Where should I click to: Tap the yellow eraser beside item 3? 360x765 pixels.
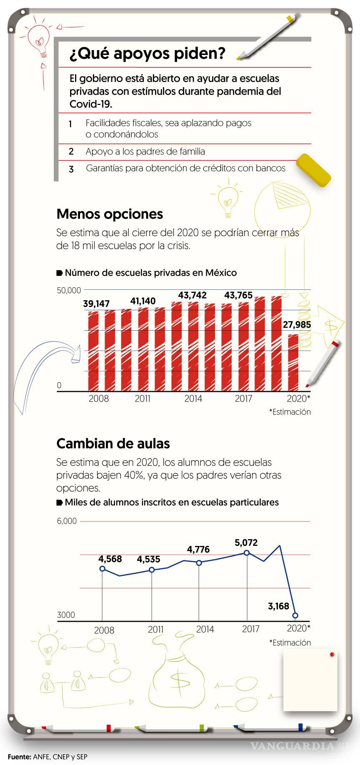point(313,170)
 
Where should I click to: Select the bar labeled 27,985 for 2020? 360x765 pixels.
point(293,360)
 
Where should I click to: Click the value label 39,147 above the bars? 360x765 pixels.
point(96,304)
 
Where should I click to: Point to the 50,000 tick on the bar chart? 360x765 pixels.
point(68,290)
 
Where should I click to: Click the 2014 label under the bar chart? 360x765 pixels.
point(193,399)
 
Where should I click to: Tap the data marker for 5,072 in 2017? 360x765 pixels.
point(247,553)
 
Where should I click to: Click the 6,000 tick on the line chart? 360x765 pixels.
point(67,521)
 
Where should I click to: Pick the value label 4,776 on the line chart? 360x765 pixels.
point(198,549)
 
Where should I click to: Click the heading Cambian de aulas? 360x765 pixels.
point(113,444)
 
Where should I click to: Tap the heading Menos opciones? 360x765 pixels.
point(110,214)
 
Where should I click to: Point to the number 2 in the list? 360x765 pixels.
point(71,152)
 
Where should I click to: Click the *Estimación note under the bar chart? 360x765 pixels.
point(290,412)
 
